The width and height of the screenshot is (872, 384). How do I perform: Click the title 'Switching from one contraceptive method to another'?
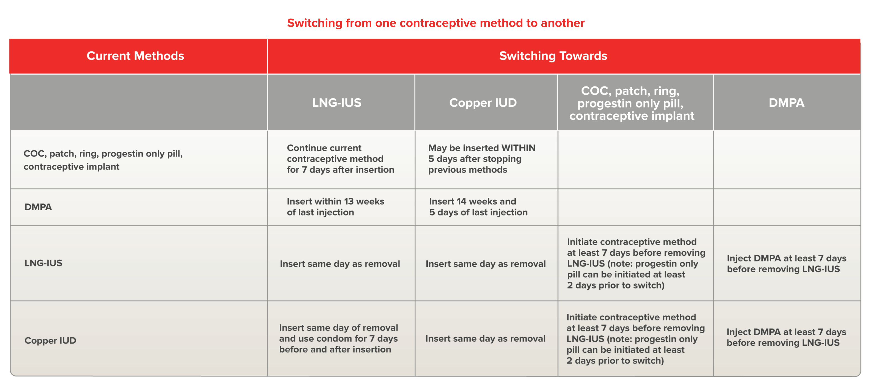point(436,23)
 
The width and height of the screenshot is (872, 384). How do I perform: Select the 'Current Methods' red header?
point(135,56)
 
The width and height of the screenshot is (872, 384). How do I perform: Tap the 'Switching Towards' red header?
point(553,56)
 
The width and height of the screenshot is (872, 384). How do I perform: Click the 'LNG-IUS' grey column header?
point(336,103)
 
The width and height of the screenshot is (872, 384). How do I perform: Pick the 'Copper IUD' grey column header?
point(483,103)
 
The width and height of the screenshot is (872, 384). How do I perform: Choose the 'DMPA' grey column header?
point(786,103)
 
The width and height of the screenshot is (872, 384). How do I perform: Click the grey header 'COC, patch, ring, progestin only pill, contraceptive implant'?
point(631,103)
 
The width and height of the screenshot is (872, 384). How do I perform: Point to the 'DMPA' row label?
point(38,207)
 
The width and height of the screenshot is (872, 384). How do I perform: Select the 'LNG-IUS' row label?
point(43,263)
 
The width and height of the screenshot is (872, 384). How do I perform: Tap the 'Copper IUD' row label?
point(50,340)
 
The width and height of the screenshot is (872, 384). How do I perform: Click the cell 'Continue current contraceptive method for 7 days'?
point(340,159)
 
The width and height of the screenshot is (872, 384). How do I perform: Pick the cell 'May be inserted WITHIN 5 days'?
point(481,159)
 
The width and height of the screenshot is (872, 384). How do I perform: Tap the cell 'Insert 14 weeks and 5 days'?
point(478,207)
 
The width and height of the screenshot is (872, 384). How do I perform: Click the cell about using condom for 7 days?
point(338,339)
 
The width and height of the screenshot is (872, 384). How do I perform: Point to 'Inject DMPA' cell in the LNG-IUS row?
point(786,264)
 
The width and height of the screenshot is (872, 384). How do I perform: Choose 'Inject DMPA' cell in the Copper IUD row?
point(786,337)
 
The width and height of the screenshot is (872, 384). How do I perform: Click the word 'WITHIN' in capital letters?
point(518,148)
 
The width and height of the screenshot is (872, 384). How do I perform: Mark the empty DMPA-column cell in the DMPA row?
point(787,207)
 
